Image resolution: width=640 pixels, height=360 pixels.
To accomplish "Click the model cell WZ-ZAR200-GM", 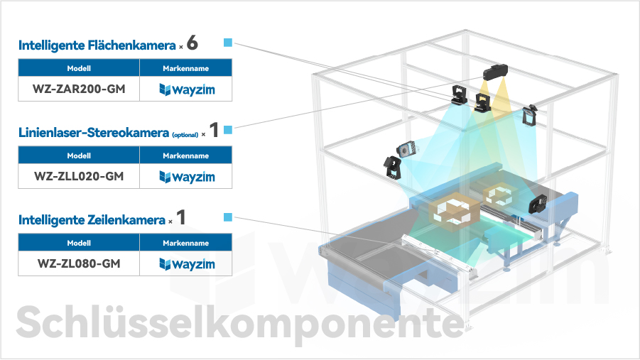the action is (x=79, y=89).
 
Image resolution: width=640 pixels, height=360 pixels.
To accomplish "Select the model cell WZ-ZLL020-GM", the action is (x=79, y=176).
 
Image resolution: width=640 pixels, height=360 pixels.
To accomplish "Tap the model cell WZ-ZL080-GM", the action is (x=79, y=263).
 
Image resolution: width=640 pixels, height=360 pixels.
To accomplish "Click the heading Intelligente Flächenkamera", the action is (x=97, y=45).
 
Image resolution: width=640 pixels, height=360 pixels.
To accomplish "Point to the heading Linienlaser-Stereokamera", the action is (x=94, y=133).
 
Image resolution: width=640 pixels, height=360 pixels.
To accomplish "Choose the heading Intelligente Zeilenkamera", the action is (x=92, y=220).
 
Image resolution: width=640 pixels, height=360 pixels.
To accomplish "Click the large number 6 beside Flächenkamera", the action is (x=192, y=43).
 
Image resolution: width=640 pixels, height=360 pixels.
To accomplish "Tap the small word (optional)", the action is (x=185, y=135).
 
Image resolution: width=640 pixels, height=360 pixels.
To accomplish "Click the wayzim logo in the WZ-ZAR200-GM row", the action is (x=187, y=89).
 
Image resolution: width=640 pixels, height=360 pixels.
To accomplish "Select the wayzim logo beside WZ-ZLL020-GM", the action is (x=187, y=177).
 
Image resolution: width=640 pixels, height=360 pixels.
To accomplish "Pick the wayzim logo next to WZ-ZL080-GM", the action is (x=187, y=264).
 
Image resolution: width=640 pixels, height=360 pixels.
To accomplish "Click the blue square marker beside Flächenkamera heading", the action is (x=228, y=43).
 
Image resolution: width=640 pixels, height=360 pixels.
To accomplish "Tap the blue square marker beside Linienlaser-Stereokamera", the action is (x=228, y=130).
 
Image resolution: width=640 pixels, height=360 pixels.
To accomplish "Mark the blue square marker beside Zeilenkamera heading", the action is (x=228, y=217).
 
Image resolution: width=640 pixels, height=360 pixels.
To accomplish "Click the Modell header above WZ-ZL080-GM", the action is (x=79, y=243).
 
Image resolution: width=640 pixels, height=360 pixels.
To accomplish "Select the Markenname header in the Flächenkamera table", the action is (x=185, y=68).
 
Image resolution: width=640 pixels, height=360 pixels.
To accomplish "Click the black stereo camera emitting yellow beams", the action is (x=496, y=72).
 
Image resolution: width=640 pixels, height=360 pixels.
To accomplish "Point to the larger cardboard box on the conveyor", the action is (x=454, y=212).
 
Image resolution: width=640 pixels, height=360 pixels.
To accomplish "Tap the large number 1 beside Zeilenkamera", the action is (x=181, y=217).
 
